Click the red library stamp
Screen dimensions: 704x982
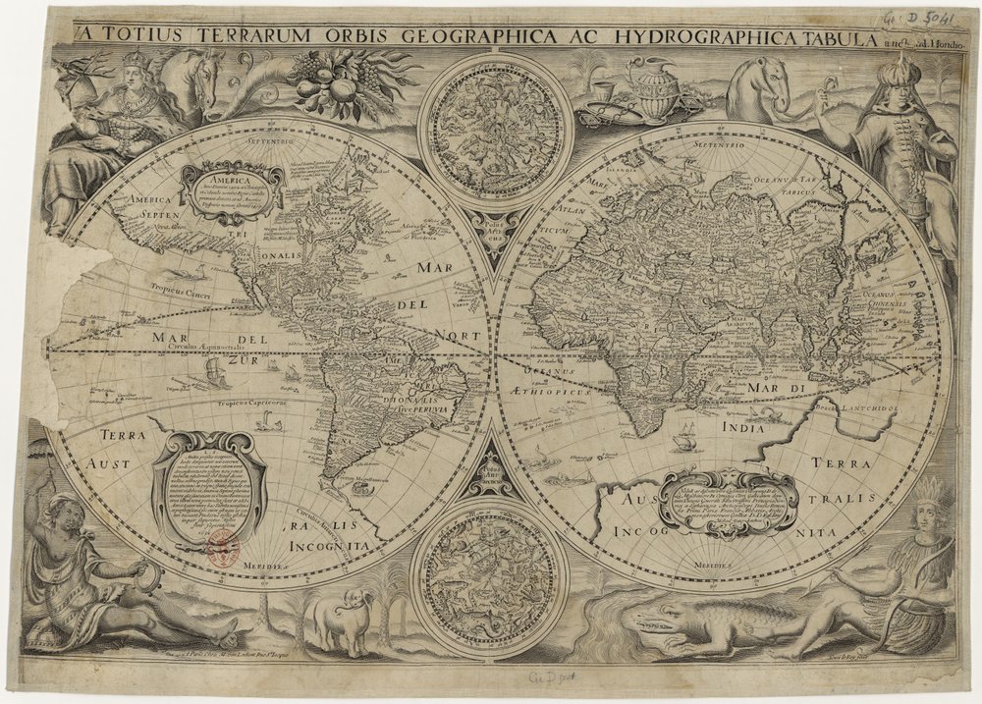coord(223,546)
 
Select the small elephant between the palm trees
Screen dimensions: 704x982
coord(339,620)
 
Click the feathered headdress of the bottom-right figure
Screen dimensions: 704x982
coord(929,491)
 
